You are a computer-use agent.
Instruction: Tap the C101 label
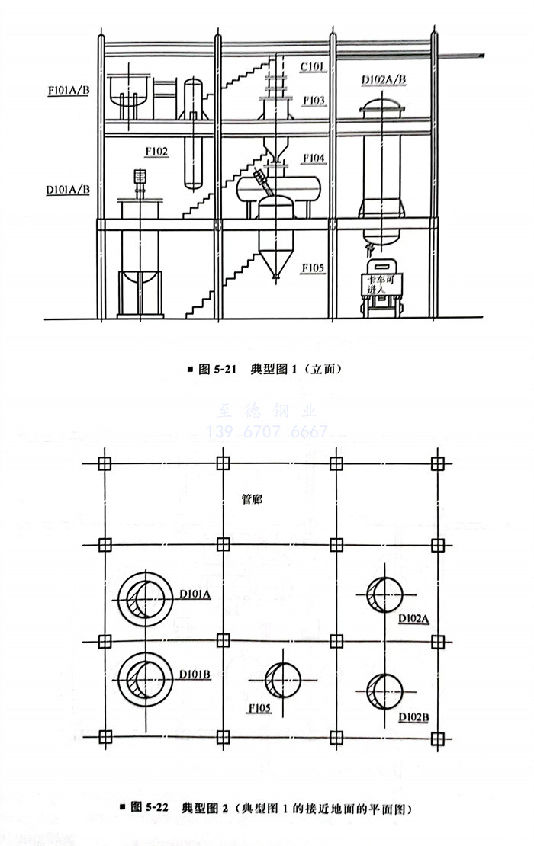312,66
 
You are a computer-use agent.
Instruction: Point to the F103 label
313,100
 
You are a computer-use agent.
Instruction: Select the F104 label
313,158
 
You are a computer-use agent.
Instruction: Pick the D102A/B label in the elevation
384,79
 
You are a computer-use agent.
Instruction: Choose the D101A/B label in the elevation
67,186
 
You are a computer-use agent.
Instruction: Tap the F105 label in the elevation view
313,268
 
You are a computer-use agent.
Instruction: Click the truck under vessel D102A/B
381,290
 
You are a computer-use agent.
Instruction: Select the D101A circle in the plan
144,595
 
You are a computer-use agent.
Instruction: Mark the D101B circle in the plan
144,676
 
